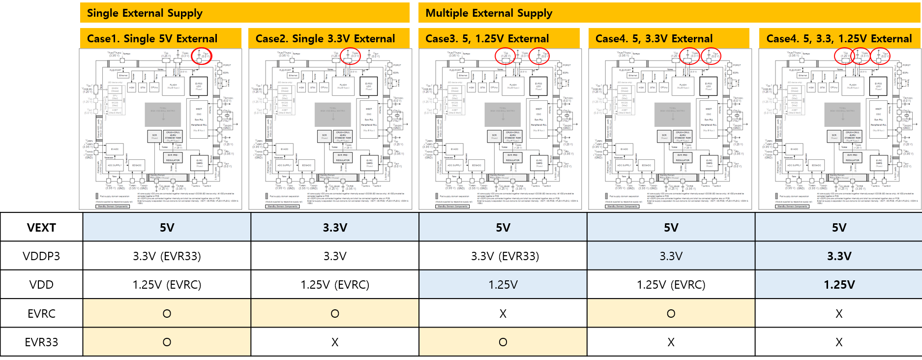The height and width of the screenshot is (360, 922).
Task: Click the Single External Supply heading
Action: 145,13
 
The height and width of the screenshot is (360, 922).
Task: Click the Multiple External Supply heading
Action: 489,13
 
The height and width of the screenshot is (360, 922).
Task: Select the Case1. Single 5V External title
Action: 152,39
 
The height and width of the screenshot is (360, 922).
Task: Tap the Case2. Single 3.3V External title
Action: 325,39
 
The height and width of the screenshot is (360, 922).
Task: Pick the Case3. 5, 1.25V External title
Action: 487,39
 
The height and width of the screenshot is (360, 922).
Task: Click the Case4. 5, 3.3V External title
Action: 654,39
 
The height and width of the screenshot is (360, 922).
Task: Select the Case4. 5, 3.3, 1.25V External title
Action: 839,39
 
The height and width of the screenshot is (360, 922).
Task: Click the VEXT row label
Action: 41,228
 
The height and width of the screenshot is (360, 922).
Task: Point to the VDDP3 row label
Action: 41,256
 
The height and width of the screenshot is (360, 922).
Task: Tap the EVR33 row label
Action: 41,342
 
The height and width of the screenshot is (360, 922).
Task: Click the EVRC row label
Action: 41,314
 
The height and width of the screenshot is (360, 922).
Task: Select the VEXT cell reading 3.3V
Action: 335,228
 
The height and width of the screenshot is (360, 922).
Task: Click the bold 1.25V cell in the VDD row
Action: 839,285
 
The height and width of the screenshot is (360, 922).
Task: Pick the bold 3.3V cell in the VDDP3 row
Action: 839,256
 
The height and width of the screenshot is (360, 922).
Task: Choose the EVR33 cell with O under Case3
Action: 503,342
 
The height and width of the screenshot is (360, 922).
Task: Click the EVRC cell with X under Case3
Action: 503,314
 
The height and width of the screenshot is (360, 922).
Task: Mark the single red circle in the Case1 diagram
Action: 202,56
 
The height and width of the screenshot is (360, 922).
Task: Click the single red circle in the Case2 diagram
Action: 350,56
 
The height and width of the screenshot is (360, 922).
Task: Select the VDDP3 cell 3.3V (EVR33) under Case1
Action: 167,256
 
